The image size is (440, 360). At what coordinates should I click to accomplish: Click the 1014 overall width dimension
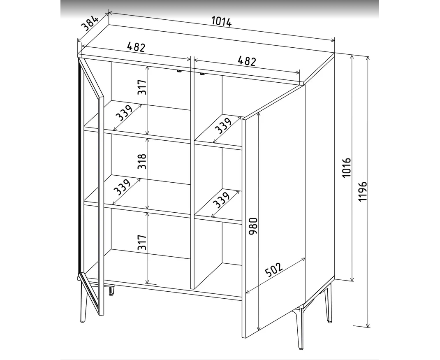221,22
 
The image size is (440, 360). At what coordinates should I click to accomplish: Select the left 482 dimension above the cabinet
136,47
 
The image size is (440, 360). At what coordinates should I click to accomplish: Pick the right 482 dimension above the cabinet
247,61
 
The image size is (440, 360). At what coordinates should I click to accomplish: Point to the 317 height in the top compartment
142,87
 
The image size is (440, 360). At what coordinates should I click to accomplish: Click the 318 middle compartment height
142,161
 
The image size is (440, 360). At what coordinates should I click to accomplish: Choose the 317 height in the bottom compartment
142,242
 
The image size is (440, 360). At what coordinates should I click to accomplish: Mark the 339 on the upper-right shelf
223,125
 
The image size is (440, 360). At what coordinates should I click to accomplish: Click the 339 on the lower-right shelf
221,199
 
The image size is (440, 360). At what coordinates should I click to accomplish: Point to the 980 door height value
253,227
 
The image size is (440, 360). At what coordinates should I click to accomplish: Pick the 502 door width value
273,269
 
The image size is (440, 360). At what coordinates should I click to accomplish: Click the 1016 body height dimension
347,167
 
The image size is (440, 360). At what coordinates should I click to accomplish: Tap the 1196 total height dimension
363,191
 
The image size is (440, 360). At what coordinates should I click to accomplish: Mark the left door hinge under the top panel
179,71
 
